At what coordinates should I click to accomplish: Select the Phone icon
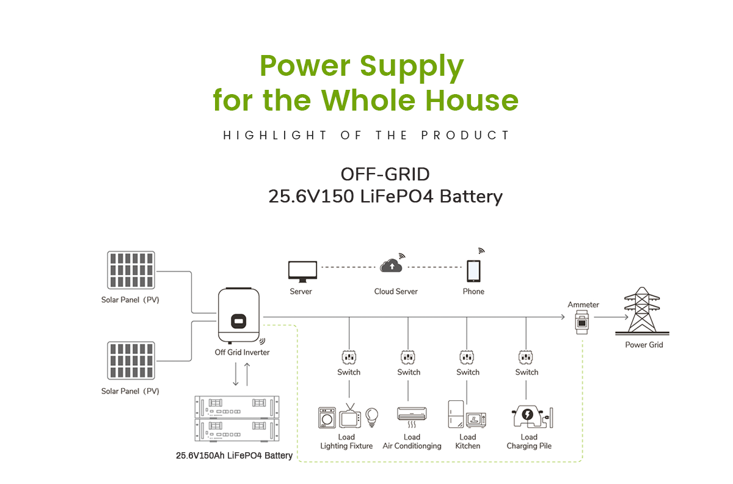[473, 269]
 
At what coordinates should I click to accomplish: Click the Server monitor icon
[302, 270]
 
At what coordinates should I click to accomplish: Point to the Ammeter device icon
[583, 321]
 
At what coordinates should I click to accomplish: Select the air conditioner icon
[411, 414]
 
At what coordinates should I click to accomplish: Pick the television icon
[349, 416]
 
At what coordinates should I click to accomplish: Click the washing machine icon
[327, 418]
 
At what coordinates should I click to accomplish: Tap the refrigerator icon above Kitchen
[455, 415]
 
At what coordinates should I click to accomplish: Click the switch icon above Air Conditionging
[409, 356]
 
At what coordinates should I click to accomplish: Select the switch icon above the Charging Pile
[527, 356]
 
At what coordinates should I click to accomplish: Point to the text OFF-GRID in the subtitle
[385, 175]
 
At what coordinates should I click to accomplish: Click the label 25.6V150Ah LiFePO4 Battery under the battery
[234, 456]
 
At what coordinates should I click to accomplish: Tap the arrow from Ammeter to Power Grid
[611, 317]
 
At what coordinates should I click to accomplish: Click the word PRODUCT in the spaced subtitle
[465, 135]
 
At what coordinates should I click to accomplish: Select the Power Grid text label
[644, 345]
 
